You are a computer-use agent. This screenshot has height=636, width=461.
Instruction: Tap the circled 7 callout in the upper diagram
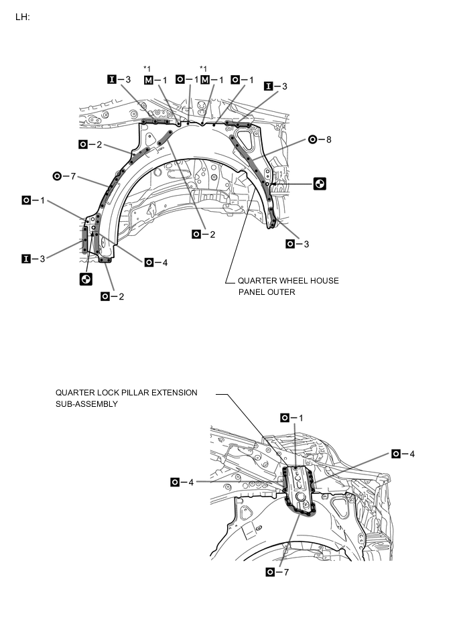pyautogui.click(x=64, y=176)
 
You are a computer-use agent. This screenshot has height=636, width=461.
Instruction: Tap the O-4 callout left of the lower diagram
pyautogui.click(x=183, y=482)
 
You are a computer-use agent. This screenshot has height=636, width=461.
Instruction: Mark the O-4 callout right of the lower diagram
pyautogui.click(x=405, y=454)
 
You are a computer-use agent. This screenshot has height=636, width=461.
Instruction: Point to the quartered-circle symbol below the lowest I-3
pyautogui.click(x=86, y=279)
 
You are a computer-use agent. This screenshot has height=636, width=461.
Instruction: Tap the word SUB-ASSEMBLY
pyautogui.click(x=86, y=404)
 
